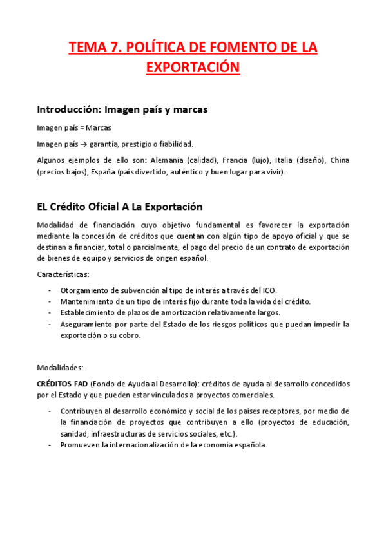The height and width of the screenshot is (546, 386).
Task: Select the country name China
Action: [x=339, y=160]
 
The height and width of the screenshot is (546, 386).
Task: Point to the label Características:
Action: [x=63, y=275]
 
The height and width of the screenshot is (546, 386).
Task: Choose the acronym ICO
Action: [x=269, y=290]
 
